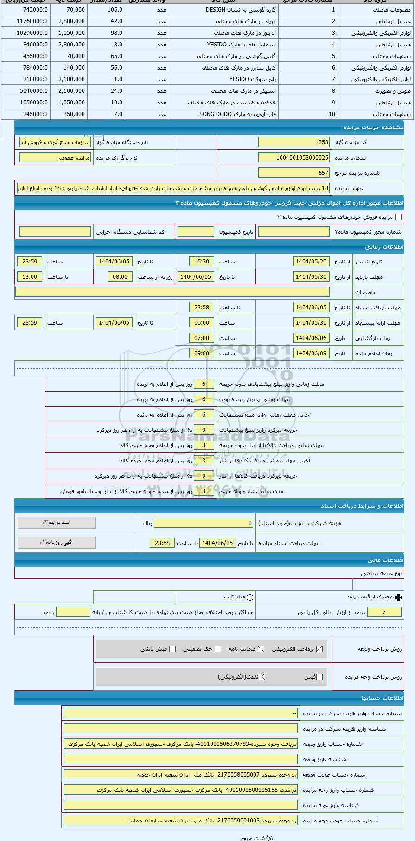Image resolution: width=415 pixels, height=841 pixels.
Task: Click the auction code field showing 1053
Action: (x=294, y=142)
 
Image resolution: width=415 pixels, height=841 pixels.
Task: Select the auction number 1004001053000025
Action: (x=294, y=158)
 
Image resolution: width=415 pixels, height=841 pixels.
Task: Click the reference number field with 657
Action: (x=294, y=173)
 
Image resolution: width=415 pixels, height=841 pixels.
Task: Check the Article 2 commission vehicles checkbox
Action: (x=398, y=217)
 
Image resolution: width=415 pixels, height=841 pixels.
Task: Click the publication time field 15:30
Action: (x=201, y=262)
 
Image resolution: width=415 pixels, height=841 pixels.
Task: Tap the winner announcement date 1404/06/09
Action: (x=311, y=353)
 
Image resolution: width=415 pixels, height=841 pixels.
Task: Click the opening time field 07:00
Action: (x=201, y=338)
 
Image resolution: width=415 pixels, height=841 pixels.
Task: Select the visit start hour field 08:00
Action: (x=120, y=277)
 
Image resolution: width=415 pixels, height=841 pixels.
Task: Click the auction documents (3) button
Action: (x=57, y=523)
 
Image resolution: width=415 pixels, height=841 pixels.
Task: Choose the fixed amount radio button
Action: (x=250, y=597)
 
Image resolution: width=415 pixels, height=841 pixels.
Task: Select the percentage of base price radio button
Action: (x=398, y=597)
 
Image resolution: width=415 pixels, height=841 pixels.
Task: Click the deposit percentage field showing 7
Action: (x=383, y=612)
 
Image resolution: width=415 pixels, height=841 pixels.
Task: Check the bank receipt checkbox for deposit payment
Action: (x=172, y=649)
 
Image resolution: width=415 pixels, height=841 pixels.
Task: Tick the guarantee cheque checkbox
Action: (x=218, y=649)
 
